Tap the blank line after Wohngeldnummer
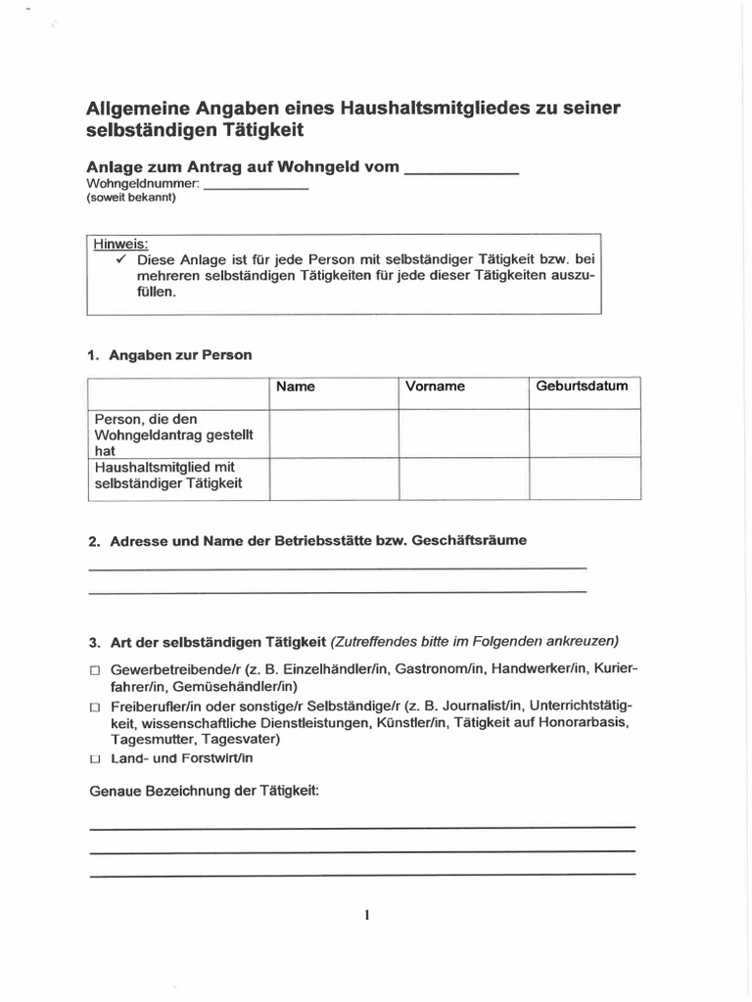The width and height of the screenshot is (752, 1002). pos(256,186)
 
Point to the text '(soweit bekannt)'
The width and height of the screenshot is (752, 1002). pos(131,198)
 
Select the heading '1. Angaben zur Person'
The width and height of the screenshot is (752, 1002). pos(169,355)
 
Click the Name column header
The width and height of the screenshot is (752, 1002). pos(296,387)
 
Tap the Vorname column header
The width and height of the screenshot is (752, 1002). pos(435,387)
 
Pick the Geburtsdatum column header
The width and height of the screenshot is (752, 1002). pos(582,387)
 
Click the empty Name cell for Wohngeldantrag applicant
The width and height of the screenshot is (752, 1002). pos(333,433)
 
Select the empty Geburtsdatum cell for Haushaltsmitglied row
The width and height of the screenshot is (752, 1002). pos(585,478)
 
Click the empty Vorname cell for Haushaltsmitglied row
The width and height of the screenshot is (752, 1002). pos(463,478)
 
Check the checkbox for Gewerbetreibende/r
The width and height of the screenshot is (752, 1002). pos(95,670)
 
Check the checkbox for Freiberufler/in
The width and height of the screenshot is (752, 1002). pos(95,706)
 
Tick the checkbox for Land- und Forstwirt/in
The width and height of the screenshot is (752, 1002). pos(95,759)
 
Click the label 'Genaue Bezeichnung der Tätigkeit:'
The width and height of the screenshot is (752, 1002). pos(205,791)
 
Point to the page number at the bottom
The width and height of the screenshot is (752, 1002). pos(366,916)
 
